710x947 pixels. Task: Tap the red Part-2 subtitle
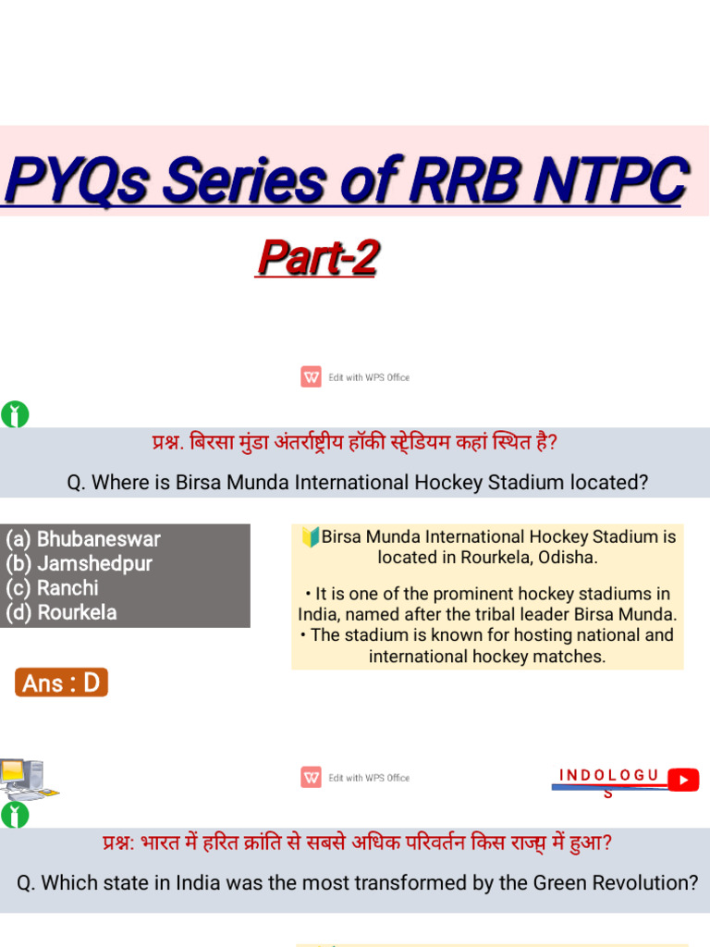pyautogui.click(x=318, y=258)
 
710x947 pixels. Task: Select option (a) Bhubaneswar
pyautogui.click(x=83, y=539)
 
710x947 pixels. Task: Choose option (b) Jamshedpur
pyautogui.click(x=79, y=563)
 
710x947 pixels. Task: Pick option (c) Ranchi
pyautogui.click(x=52, y=587)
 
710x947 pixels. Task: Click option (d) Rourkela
pyautogui.click(x=61, y=612)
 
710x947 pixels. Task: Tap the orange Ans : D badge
pyautogui.click(x=61, y=683)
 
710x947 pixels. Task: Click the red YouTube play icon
pyautogui.click(x=683, y=780)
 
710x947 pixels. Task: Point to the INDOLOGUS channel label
pyautogui.click(x=609, y=775)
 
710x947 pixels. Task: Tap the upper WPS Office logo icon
pyautogui.click(x=311, y=377)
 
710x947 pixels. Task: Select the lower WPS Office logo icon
pyautogui.click(x=311, y=778)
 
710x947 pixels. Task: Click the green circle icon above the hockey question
pyautogui.click(x=15, y=415)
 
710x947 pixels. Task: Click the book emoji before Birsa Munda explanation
pyautogui.click(x=311, y=537)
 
